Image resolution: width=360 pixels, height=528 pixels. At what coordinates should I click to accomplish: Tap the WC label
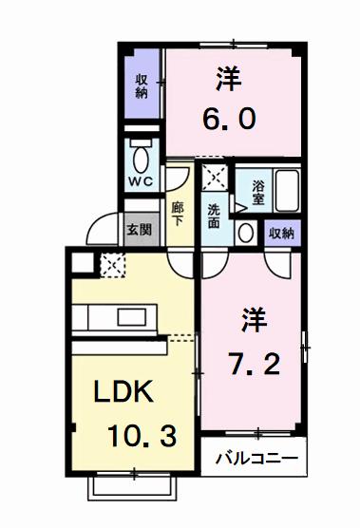142,182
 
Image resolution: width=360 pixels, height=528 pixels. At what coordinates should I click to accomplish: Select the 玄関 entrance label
139,229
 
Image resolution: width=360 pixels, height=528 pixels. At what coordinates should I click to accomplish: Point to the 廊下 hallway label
177,214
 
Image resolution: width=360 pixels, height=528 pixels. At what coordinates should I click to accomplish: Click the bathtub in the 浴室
287,191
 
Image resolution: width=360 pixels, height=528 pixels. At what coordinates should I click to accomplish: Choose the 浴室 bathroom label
258,192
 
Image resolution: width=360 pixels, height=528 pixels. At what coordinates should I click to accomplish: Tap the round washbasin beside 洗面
245,232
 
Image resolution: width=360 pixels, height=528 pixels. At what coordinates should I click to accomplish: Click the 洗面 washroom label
214,217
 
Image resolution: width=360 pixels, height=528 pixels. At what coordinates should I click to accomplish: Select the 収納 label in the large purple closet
142,86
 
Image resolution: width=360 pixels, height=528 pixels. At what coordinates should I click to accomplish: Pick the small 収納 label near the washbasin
281,233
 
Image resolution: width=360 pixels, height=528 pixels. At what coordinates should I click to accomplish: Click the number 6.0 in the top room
229,120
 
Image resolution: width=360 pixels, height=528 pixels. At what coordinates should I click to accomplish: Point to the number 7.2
255,364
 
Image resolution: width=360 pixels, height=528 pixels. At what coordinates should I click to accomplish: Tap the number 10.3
142,436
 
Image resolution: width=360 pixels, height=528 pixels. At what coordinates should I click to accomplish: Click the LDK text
123,391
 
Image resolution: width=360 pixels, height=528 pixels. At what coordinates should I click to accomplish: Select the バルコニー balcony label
256,459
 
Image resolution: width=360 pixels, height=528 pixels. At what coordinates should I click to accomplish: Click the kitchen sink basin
132,317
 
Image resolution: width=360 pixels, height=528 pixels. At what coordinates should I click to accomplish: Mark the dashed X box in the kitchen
113,265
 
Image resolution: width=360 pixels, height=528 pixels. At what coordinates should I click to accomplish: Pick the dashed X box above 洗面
215,178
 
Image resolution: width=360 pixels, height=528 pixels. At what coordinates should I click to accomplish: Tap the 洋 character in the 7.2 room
255,320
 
